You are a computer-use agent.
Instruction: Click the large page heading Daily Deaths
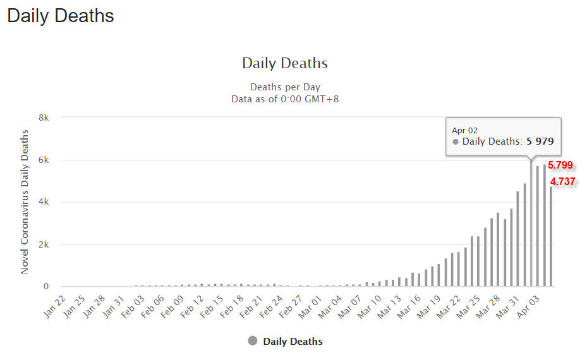61,16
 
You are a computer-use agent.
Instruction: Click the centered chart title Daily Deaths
285,63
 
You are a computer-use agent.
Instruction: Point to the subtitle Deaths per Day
285,87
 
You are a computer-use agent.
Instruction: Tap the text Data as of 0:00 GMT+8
285,99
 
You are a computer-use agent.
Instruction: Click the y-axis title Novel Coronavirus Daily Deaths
25,201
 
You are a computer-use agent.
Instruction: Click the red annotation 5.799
560,165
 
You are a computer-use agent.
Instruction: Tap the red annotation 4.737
562,182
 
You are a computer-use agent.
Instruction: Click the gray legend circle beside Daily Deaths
253,341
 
